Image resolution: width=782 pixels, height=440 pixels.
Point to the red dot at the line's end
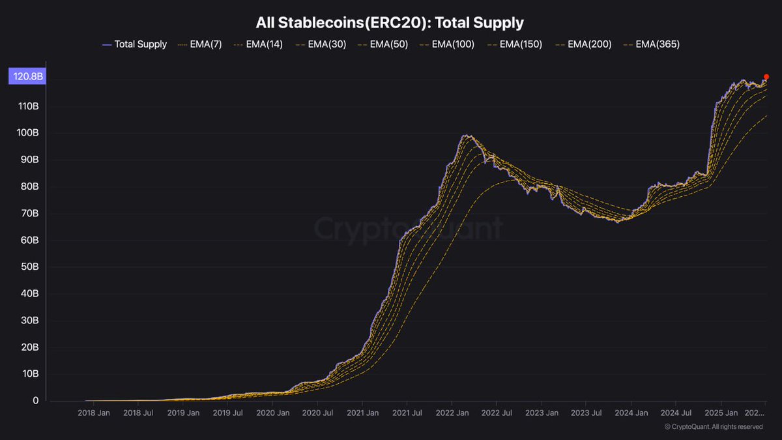click(x=766, y=76)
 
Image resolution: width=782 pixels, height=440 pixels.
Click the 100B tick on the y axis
click(x=27, y=133)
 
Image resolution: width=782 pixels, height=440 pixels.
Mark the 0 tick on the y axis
click(x=36, y=401)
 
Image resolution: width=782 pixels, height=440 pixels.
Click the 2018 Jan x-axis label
click(x=94, y=413)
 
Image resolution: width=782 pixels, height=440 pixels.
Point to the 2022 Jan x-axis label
click(x=453, y=413)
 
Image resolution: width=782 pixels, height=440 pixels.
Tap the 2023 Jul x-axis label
click(x=586, y=413)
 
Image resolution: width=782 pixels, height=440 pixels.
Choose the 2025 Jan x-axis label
click(x=721, y=413)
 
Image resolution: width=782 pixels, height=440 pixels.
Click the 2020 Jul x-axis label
click(x=318, y=413)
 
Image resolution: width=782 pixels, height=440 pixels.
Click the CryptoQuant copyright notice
click(x=714, y=427)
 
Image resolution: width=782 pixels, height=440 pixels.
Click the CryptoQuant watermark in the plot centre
click(x=409, y=229)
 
